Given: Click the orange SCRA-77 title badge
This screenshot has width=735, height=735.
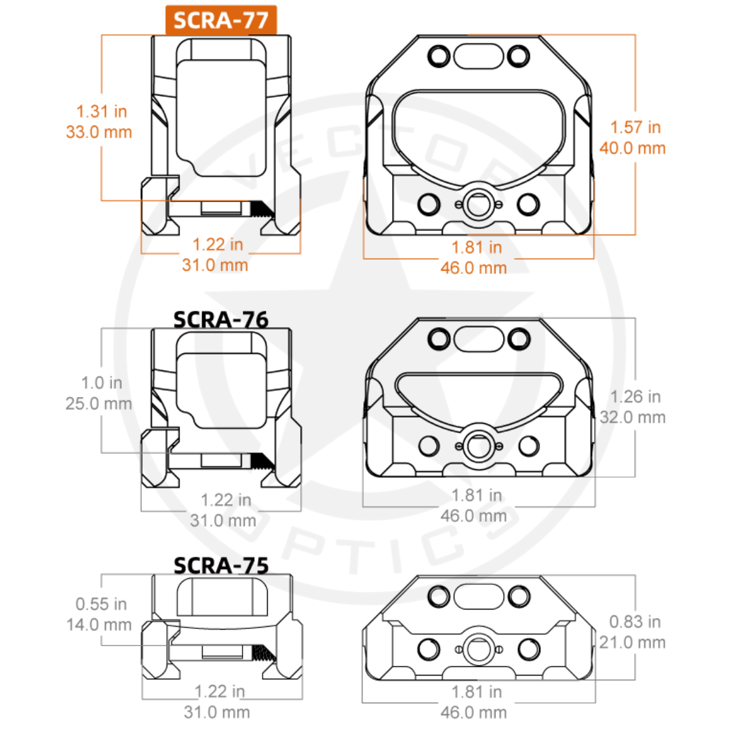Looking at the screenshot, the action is [221, 20].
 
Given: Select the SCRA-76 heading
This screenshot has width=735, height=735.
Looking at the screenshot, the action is [221, 319].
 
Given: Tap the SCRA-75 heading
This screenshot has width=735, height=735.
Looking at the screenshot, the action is [221, 565].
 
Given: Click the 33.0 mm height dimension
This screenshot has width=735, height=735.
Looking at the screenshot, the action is [99, 132].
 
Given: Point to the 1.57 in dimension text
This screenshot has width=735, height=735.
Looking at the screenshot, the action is [635, 127].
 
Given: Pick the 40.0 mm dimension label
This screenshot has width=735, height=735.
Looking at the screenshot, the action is [632, 148].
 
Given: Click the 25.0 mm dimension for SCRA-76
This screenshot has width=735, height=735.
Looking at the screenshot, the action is [99, 404].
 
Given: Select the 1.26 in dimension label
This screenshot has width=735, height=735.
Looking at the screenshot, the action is [635, 397].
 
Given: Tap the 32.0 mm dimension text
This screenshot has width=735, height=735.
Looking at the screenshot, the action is [632, 417].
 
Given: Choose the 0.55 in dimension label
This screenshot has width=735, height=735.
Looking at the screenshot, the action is [101, 604].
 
